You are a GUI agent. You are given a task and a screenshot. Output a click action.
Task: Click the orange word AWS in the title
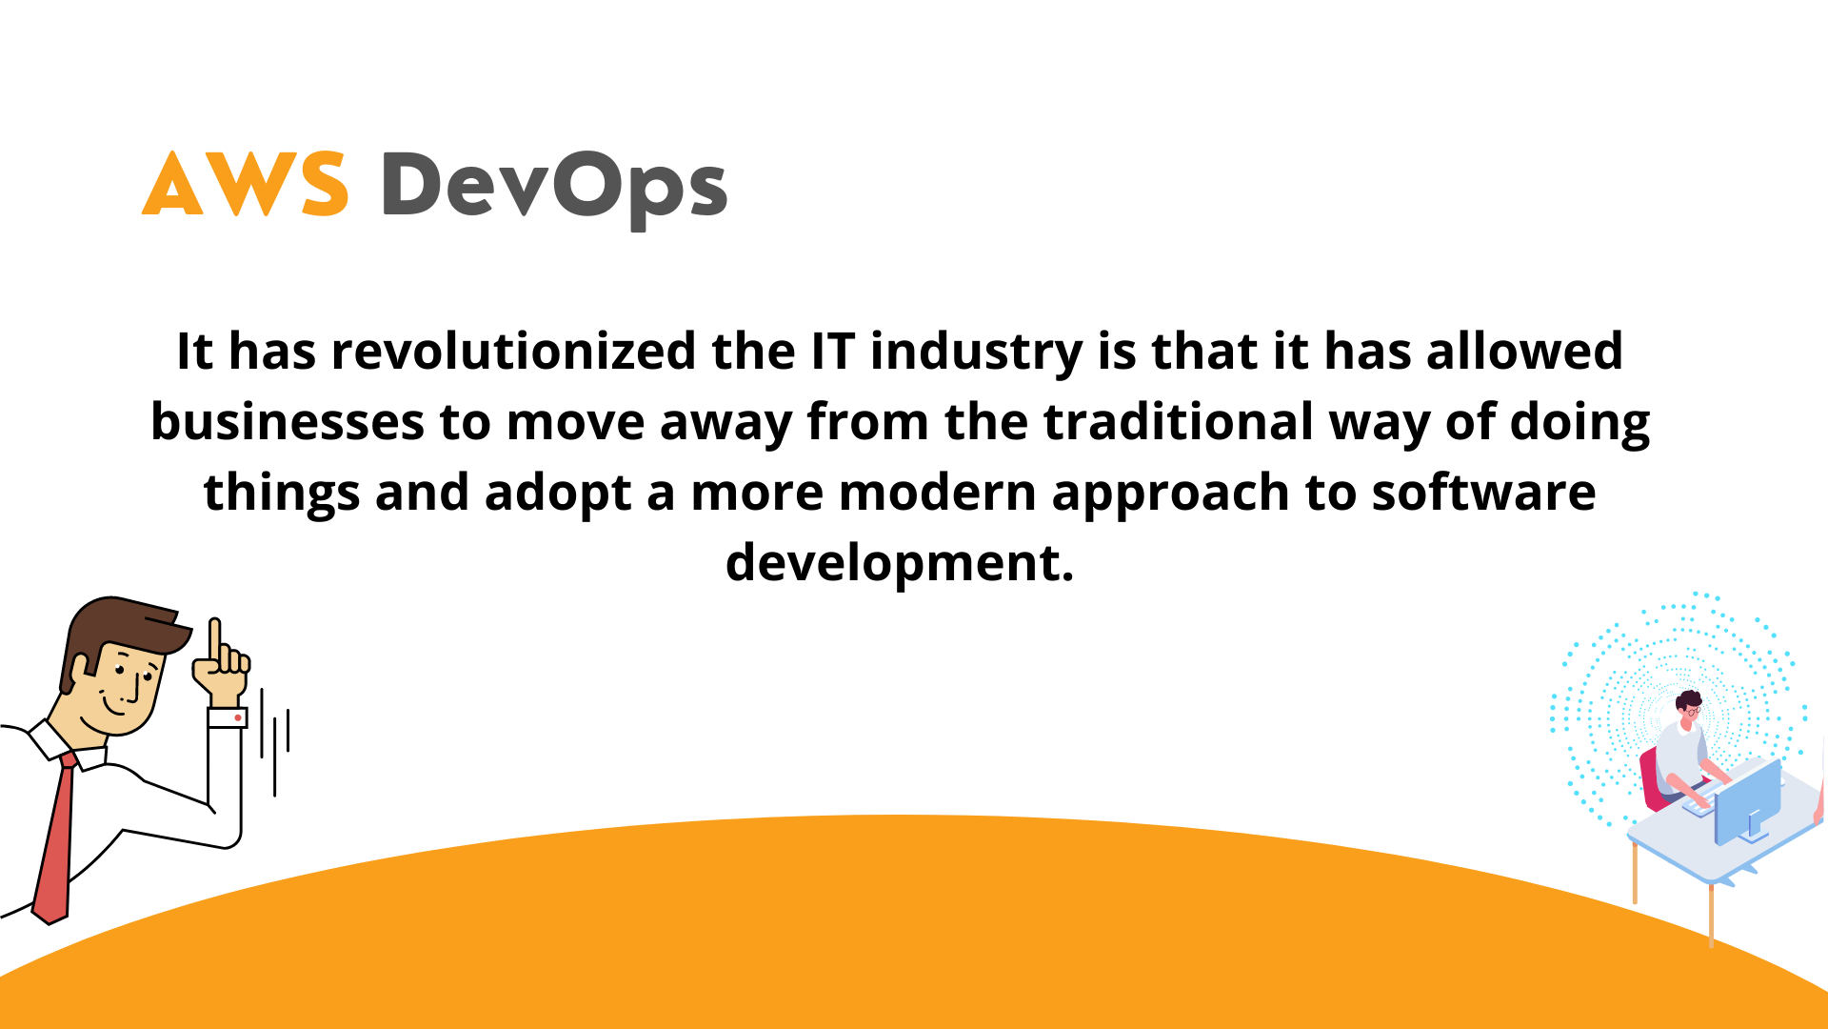pos(245,184)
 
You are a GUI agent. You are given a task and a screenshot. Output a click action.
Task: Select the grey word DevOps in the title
pos(554,188)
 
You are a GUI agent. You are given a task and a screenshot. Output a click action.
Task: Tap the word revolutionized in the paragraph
pos(513,352)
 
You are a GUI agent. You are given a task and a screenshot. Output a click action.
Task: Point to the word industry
pos(976,353)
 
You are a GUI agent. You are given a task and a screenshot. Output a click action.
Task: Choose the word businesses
pos(287,422)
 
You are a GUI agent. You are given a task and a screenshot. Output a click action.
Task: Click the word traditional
pos(1178,422)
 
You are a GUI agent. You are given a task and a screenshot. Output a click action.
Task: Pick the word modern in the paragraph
pos(937,493)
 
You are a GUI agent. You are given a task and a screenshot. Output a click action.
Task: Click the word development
pos(899,564)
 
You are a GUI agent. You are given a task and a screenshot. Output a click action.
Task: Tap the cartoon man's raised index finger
pos(215,639)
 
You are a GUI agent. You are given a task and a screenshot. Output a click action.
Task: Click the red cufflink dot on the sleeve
pos(237,717)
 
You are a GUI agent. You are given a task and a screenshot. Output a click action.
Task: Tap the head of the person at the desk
pos(1689,706)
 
